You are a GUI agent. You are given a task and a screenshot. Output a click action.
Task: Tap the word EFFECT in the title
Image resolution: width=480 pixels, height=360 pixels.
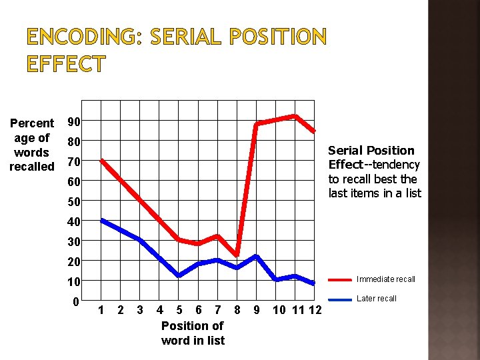click(66, 65)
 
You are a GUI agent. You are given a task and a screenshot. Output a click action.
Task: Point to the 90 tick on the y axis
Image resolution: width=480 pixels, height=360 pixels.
click(74, 121)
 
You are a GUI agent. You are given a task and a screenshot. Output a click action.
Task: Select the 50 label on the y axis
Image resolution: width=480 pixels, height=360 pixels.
click(74, 201)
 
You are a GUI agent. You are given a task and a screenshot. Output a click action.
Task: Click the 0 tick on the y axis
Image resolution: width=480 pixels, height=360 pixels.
click(77, 301)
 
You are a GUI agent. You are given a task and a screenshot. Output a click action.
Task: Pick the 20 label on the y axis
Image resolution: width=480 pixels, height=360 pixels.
click(74, 261)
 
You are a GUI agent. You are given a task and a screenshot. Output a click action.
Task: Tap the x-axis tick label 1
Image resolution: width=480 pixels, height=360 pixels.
click(101, 310)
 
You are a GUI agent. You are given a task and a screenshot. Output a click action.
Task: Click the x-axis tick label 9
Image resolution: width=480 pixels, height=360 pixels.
click(257, 310)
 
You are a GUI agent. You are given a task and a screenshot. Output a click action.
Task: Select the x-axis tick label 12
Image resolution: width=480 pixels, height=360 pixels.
click(315, 310)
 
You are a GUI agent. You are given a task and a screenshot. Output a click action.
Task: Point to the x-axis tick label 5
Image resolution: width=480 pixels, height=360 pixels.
click(179, 310)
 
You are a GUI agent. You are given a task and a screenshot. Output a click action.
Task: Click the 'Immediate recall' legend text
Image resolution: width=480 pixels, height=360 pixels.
click(386, 279)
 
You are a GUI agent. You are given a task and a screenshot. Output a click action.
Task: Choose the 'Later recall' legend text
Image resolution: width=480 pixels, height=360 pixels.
click(377, 299)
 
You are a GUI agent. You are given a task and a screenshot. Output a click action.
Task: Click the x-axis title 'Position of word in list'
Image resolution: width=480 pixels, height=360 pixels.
click(193, 333)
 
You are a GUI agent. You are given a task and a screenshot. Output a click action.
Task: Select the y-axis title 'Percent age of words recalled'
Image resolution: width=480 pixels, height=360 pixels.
click(31, 145)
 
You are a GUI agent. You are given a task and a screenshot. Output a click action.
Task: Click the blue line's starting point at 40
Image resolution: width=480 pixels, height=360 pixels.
click(101, 220)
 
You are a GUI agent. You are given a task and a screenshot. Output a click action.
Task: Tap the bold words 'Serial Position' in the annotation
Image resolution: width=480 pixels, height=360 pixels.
click(371, 151)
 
